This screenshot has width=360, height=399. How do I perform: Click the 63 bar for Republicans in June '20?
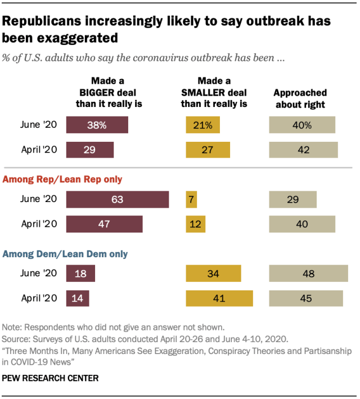tap(118, 199)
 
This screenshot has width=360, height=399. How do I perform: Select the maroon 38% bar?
tap(97, 125)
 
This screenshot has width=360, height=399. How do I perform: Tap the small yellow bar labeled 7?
tap(191, 199)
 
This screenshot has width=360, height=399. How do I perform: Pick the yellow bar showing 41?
tap(220, 298)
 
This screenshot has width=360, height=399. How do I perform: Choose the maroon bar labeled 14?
tap(78, 298)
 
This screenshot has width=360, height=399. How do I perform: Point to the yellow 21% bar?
tap(203, 125)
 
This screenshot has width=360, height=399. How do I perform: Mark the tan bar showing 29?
tap(293, 199)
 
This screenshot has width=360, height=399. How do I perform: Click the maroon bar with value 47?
tap(105, 224)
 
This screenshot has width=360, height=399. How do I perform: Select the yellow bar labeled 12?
tap(196, 224)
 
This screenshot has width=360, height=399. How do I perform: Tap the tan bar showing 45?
tap(306, 298)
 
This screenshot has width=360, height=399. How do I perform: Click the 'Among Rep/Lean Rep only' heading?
tap(63, 180)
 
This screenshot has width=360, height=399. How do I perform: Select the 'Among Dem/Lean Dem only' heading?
tap(65, 254)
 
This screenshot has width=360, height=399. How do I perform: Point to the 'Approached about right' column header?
tap(300, 98)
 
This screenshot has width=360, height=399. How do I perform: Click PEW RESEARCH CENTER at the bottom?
tap(51, 378)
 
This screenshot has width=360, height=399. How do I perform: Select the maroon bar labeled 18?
tap(80, 274)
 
